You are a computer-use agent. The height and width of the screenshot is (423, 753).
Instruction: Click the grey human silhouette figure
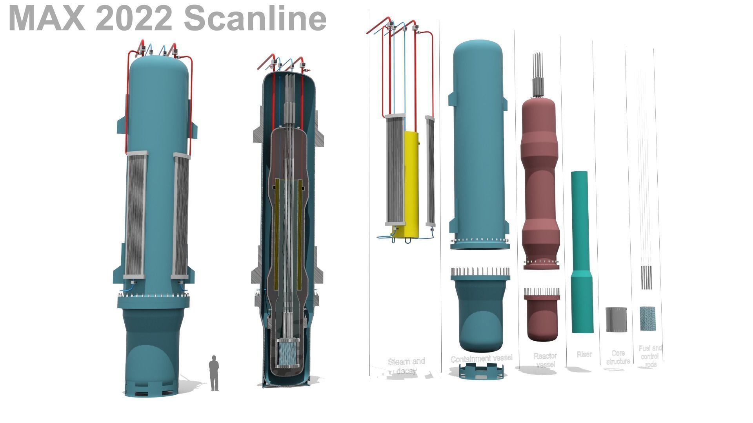coord(214,372)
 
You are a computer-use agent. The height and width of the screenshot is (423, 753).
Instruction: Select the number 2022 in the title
coord(133,18)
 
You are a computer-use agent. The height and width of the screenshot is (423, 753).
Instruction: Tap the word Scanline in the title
coord(255,18)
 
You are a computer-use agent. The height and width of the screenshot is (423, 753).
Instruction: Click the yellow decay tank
coord(411,184)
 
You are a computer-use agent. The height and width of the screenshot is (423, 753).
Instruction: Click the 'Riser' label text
coord(584,354)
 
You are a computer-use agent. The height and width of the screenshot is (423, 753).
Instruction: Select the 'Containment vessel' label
coord(481,358)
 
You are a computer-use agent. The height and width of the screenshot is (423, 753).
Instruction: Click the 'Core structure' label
coord(618,357)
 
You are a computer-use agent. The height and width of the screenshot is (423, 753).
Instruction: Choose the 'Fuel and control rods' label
coord(650,356)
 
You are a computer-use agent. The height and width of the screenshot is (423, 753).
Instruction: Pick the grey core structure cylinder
coord(616,319)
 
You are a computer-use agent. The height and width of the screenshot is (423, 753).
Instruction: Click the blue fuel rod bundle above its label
coord(648,318)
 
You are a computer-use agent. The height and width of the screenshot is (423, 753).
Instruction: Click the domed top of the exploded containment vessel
coord(478,55)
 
